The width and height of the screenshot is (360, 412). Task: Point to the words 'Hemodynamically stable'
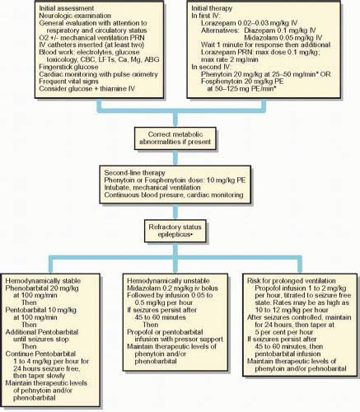(46, 270)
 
